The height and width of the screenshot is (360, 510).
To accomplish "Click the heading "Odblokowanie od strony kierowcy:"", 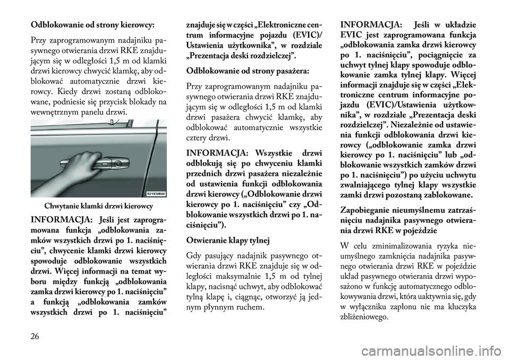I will (92, 25).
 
